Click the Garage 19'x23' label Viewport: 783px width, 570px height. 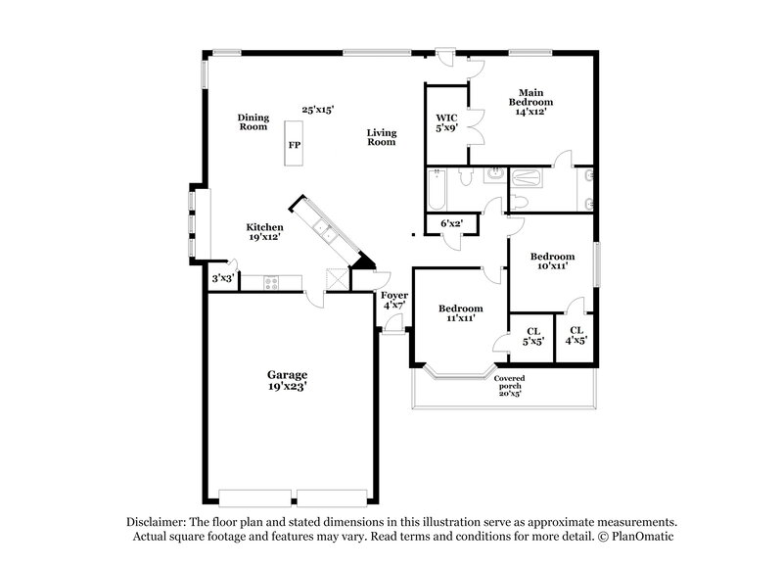(287, 381)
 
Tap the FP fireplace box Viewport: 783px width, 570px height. (294, 145)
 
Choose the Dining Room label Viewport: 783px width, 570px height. (253, 121)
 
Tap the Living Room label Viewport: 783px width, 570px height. (381, 137)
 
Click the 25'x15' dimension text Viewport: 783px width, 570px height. (318, 111)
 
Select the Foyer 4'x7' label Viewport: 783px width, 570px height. (394, 300)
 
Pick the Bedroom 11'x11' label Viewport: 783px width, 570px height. (460, 312)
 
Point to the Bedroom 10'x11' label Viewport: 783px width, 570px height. (552, 261)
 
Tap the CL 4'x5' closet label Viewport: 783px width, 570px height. (576, 336)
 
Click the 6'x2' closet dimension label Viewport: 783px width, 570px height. (452, 223)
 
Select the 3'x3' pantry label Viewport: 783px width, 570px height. (223, 279)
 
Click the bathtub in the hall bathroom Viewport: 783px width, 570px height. (438, 192)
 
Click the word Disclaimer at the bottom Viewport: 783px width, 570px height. (160, 522)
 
